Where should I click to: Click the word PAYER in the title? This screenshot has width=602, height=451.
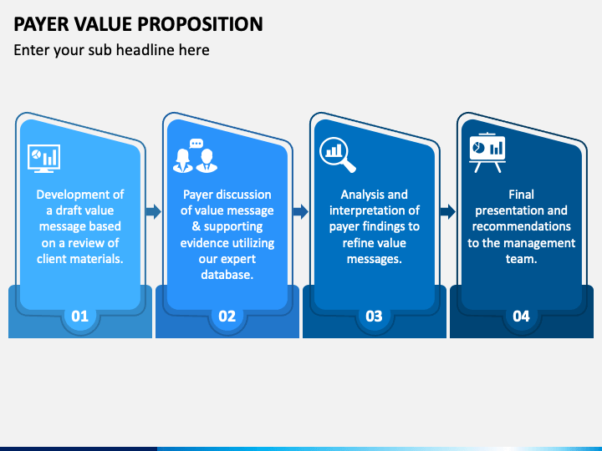pos(42,23)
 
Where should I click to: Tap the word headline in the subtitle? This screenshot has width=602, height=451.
pos(137,50)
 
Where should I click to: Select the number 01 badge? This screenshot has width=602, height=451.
pos(80,316)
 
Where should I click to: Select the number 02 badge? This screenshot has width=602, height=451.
pos(227,316)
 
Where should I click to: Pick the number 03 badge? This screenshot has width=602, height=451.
pos(374,316)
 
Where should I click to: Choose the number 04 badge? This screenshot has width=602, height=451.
pos(521,316)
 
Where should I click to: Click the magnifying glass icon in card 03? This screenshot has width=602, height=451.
pos(338,154)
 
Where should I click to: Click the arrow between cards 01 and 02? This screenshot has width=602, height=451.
pos(154,211)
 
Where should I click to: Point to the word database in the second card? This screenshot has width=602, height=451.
pos(227,274)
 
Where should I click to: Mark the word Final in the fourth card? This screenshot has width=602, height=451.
pos(521,195)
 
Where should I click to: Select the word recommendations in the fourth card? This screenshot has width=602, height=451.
pos(521,226)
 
